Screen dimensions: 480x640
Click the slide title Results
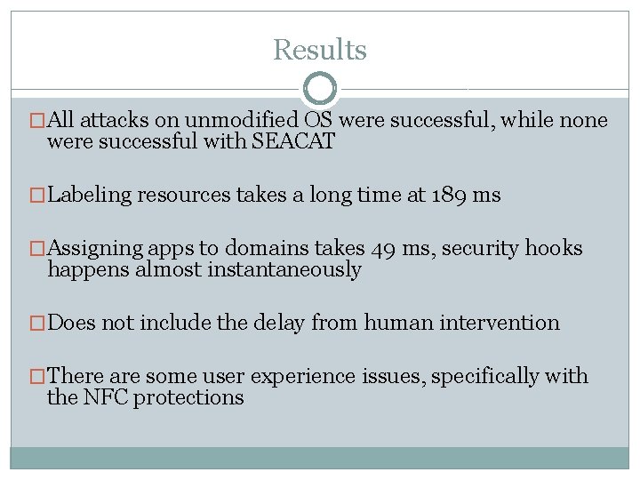click(319, 50)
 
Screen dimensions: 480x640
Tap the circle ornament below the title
click(320, 89)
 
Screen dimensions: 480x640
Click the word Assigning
click(93, 250)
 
